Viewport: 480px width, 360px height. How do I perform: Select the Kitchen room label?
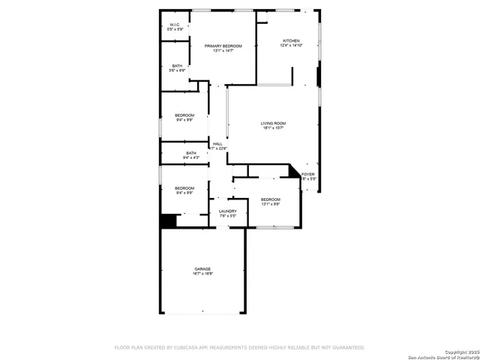(x=291, y=40)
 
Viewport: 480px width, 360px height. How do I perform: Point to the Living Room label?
(x=273, y=123)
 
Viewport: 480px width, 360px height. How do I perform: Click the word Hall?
(x=217, y=144)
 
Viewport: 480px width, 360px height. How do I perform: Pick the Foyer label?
(x=308, y=174)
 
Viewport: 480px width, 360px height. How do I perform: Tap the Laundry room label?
(x=227, y=211)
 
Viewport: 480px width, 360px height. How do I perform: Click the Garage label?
(x=202, y=268)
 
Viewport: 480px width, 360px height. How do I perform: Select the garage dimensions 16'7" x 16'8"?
(x=202, y=274)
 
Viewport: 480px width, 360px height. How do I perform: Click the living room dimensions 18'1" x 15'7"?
(x=273, y=128)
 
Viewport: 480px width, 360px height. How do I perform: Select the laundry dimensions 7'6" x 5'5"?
(x=227, y=217)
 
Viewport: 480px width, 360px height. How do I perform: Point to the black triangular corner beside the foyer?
(x=295, y=172)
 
